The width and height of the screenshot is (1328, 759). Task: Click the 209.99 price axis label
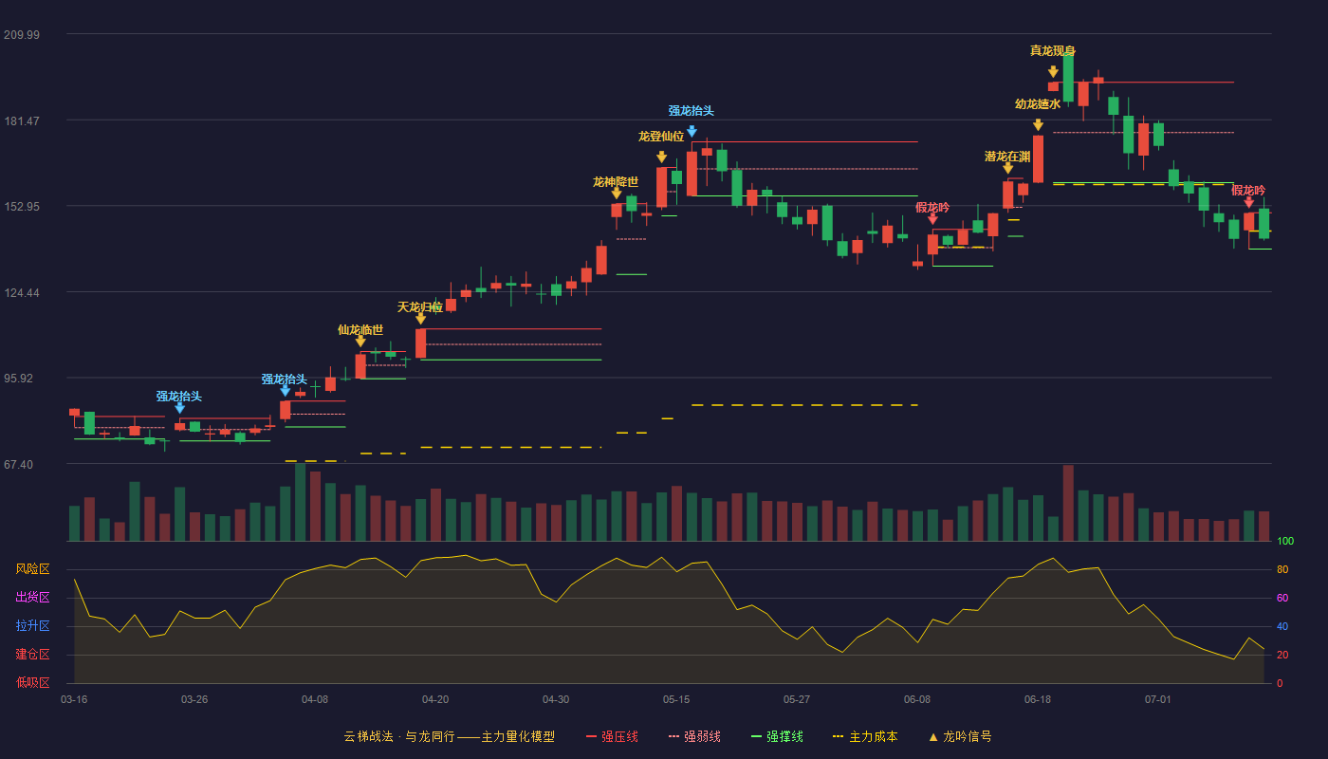coord(22,35)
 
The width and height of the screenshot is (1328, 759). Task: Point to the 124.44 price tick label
coord(22,293)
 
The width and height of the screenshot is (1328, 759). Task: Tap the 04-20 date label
coord(435,700)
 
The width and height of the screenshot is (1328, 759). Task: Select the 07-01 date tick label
coord(1158,700)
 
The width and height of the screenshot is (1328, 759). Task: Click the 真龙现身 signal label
coord(1052,51)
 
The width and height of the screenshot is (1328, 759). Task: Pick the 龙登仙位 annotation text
coord(661,137)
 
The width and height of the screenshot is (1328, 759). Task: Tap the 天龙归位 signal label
coord(419,307)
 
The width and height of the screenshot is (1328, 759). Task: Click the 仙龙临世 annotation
coord(360,330)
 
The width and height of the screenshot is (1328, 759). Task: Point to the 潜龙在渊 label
coord(1007,157)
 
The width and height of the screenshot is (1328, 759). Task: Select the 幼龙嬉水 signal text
coord(1038,104)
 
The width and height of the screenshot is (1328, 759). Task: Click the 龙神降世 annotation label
coord(616,182)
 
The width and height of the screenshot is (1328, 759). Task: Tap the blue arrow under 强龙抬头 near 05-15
coord(692,131)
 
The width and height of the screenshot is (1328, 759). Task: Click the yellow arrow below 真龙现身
coord(1053,72)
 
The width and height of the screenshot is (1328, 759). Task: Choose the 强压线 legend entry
coord(613,737)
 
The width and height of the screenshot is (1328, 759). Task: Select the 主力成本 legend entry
coord(865,737)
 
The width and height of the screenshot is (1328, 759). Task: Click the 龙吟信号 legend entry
coord(960,737)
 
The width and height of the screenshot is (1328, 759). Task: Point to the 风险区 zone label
coord(32,569)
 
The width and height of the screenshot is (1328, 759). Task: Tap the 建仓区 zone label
coord(32,655)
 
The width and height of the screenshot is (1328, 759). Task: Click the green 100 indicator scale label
coord(1285,542)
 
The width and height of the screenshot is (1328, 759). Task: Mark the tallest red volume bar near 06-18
coord(1068,503)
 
